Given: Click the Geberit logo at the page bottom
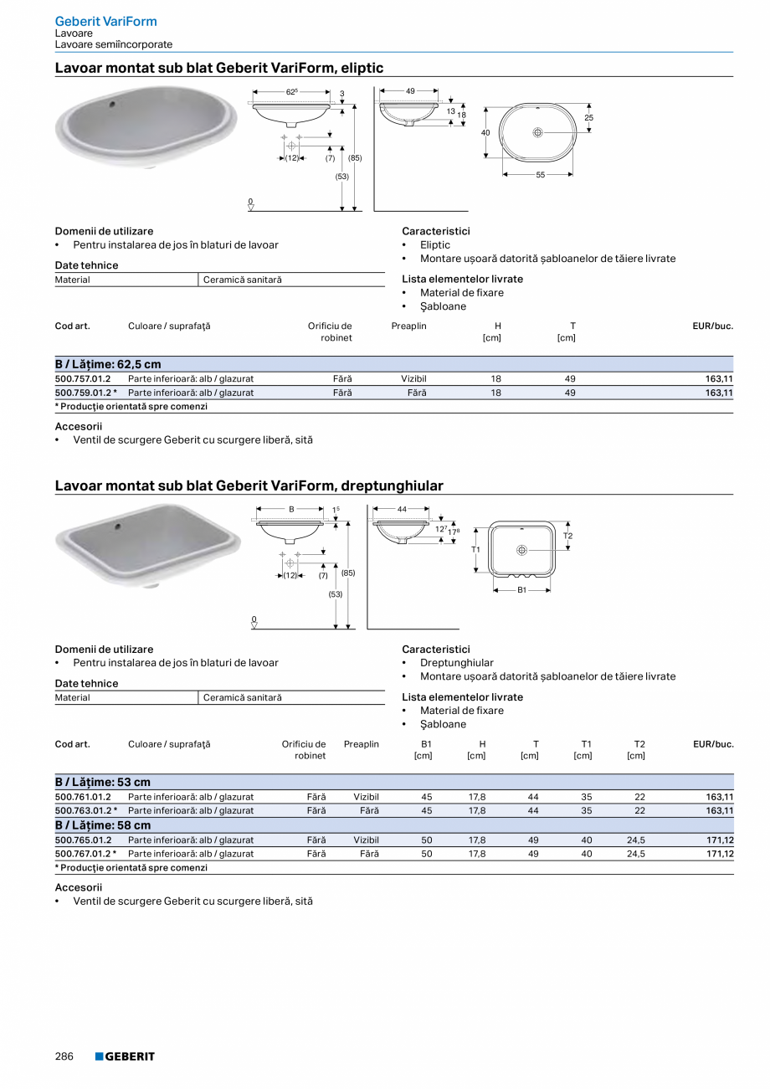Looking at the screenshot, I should click(x=125, y=1056).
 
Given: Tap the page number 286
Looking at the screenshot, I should click(x=64, y=1056).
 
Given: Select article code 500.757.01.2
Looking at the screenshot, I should click(x=83, y=378).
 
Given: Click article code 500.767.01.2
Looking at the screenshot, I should click(x=83, y=854).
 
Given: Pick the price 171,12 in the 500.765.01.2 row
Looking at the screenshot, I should click(x=720, y=840).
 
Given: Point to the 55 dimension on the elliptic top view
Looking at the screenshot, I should click(x=540, y=175).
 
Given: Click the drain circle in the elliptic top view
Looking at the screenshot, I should click(x=537, y=132).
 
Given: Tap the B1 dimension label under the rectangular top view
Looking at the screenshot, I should click(x=521, y=590).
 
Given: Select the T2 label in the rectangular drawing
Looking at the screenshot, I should click(x=568, y=536).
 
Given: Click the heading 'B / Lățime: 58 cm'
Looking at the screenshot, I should click(x=103, y=825).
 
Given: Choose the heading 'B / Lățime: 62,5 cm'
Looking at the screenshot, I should click(x=108, y=364).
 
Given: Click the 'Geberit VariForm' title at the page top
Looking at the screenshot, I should click(x=105, y=21).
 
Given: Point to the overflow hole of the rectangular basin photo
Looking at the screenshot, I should click(x=118, y=527).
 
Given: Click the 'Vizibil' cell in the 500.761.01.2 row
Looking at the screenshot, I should click(x=366, y=797).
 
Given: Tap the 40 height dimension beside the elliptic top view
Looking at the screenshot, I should click(x=485, y=133).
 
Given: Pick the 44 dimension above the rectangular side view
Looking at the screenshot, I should click(x=402, y=509).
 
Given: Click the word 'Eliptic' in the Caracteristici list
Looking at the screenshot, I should click(x=435, y=245).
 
